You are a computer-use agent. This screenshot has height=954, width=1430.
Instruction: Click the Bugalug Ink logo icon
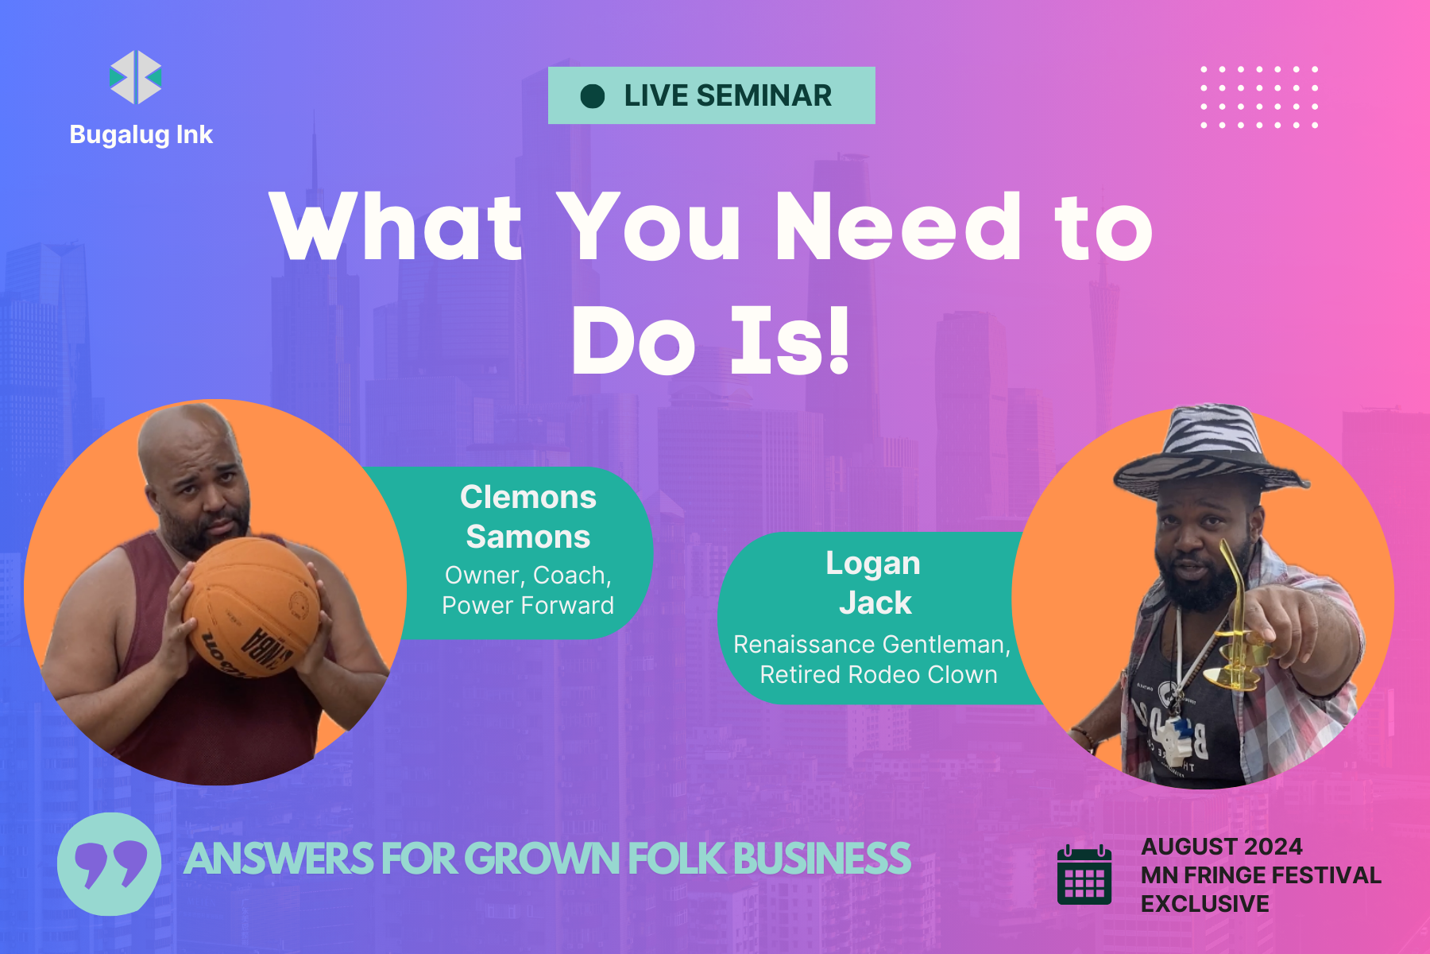(x=136, y=77)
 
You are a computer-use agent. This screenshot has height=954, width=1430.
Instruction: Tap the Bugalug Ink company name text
(x=141, y=135)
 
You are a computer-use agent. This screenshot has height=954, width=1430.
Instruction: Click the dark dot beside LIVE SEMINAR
(x=593, y=96)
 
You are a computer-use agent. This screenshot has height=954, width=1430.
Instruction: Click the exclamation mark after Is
(x=837, y=340)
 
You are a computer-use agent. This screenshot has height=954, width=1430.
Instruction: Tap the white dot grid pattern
(x=1259, y=97)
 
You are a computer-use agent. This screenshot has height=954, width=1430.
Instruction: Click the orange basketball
(x=253, y=606)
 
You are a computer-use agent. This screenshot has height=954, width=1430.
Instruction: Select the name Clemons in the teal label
(x=528, y=498)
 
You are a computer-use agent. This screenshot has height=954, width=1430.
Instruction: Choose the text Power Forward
(x=528, y=606)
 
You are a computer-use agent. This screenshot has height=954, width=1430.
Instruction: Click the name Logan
(x=873, y=564)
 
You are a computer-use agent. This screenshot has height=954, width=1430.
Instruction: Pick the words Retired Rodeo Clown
(x=879, y=675)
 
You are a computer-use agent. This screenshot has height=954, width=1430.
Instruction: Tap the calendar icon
(x=1084, y=874)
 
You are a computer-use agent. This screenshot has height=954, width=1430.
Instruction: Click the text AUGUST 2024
(x=1222, y=847)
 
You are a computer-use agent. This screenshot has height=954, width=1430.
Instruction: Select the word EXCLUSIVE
(x=1205, y=904)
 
